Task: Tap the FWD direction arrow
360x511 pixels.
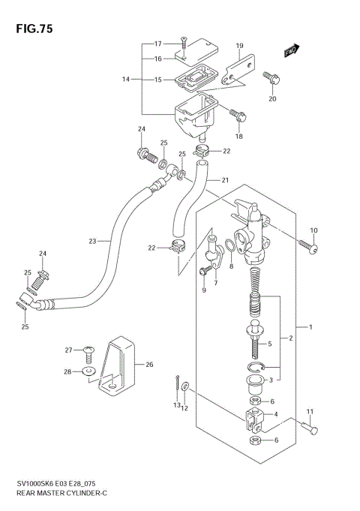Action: [x=291, y=50]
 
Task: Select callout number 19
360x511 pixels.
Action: [x=239, y=47]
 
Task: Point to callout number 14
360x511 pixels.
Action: [x=126, y=79]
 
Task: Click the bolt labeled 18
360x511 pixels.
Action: [x=238, y=114]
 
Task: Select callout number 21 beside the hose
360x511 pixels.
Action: [x=223, y=180]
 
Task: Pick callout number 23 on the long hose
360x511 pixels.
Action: [x=92, y=241]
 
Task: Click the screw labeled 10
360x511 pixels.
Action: [x=307, y=245]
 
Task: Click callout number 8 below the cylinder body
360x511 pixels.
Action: [x=230, y=266]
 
